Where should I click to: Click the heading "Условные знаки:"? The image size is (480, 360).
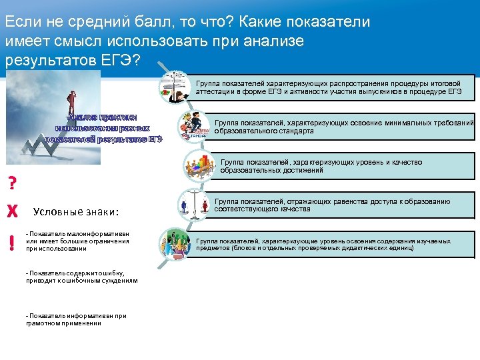click(x=75, y=212)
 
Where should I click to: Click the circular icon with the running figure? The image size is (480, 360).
click(x=193, y=125)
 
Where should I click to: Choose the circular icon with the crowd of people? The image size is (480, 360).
click(x=175, y=244)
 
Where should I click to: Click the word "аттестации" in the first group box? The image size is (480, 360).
click(x=215, y=91)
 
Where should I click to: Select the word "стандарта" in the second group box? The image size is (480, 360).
click(x=293, y=131)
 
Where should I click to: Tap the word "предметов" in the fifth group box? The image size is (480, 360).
click(x=213, y=248)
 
